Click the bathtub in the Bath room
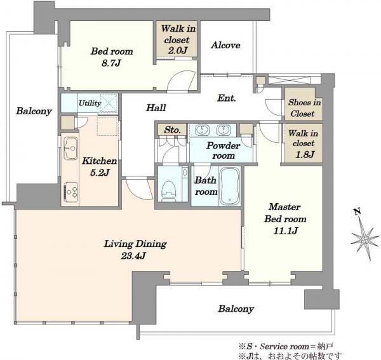click(x=230, y=186)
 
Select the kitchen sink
click(x=70, y=148)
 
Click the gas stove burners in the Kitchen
click(x=70, y=192)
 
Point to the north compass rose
click(x=364, y=239)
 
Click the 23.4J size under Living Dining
click(x=133, y=256)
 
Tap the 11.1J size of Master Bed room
click(x=286, y=230)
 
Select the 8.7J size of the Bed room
click(x=111, y=63)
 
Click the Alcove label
click(x=225, y=45)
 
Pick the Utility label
click(x=90, y=103)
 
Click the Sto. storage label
click(x=172, y=130)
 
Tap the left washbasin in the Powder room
click(x=202, y=130)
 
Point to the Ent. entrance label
click(x=227, y=98)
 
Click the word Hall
click(x=156, y=107)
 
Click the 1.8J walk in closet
click(x=304, y=143)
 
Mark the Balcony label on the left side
click(x=34, y=111)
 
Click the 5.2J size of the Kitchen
click(x=100, y=173)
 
